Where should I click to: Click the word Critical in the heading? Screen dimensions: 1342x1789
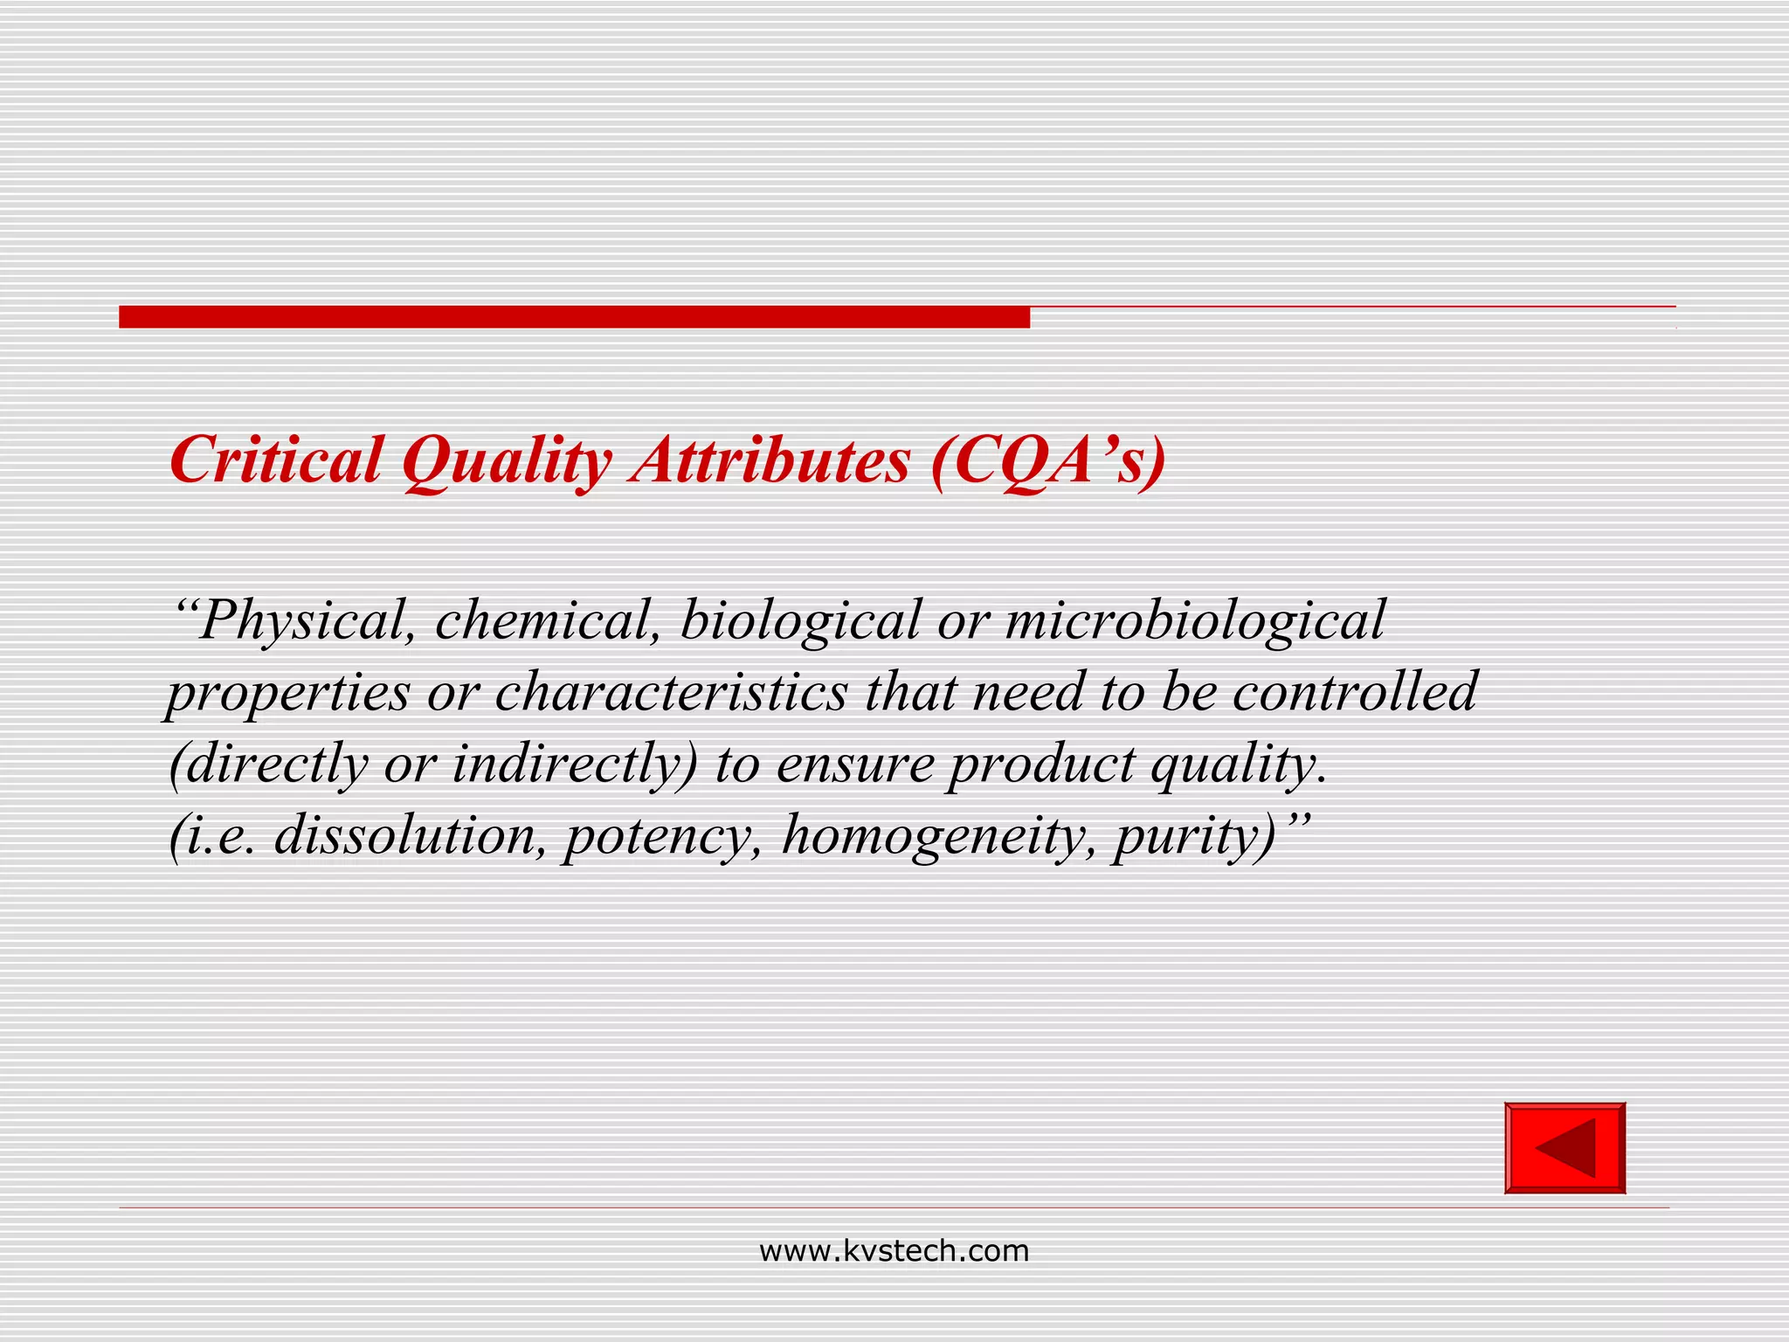click(276, 460)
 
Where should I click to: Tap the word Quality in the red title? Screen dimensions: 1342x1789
click(507, 460)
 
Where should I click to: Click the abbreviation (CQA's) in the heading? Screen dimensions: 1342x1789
click(1048, 460)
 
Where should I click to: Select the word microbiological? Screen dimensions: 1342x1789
click(1195, 621)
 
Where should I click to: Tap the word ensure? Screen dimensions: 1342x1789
click(855, 764)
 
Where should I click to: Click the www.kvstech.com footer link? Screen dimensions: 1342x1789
click(894, 1251)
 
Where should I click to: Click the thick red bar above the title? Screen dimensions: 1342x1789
click(574, 317)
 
